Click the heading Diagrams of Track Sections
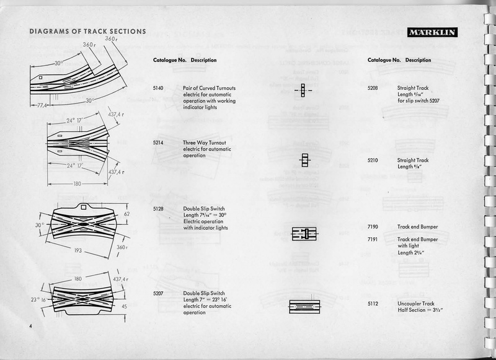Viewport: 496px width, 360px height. click(87, 32)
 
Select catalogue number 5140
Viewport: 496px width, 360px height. click(158, 89)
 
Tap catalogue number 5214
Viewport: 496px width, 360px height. click(158, 143)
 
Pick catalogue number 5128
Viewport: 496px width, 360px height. click(158, 209)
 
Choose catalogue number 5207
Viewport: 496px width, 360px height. click(158, 293)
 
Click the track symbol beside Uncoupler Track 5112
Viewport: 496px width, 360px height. click(304, 306)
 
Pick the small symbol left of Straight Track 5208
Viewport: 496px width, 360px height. click(303, 90)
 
